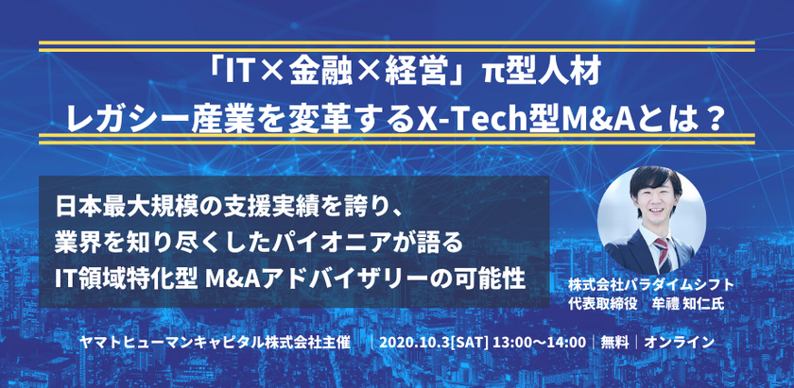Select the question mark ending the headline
[715, 121]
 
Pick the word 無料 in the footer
[613, 343]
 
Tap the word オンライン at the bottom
[680, 343]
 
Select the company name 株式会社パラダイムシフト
[650, 285]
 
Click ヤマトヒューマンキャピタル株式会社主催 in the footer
[216, 343]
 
